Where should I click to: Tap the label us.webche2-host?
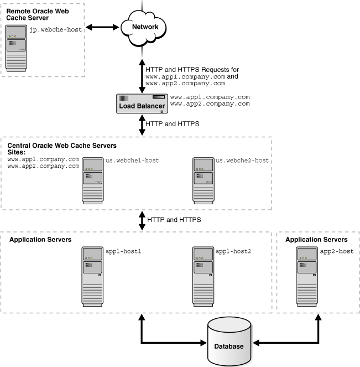point(242,161)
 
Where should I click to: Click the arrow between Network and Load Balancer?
point(143,73)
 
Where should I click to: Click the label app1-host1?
point(124,251)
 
